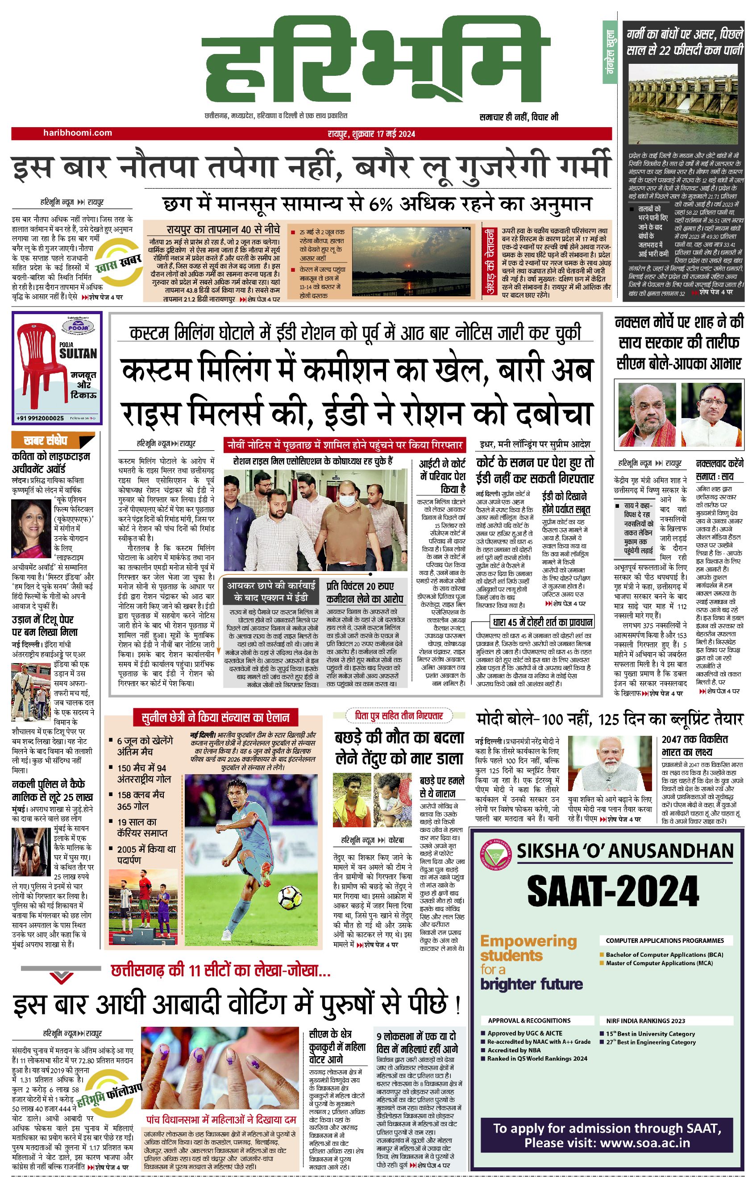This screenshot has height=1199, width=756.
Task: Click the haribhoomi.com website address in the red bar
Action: click(77, 133)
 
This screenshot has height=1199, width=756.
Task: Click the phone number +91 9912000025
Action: click(40, 418)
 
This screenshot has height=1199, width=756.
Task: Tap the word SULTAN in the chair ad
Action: click(78, 354)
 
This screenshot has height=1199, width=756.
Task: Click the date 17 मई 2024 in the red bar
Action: click(396, 133)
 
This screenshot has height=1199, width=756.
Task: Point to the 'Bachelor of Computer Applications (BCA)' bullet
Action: click(664, 954)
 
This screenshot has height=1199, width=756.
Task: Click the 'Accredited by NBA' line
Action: click(514, 1050)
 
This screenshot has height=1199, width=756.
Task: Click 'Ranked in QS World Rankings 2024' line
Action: click(537, 1058)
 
